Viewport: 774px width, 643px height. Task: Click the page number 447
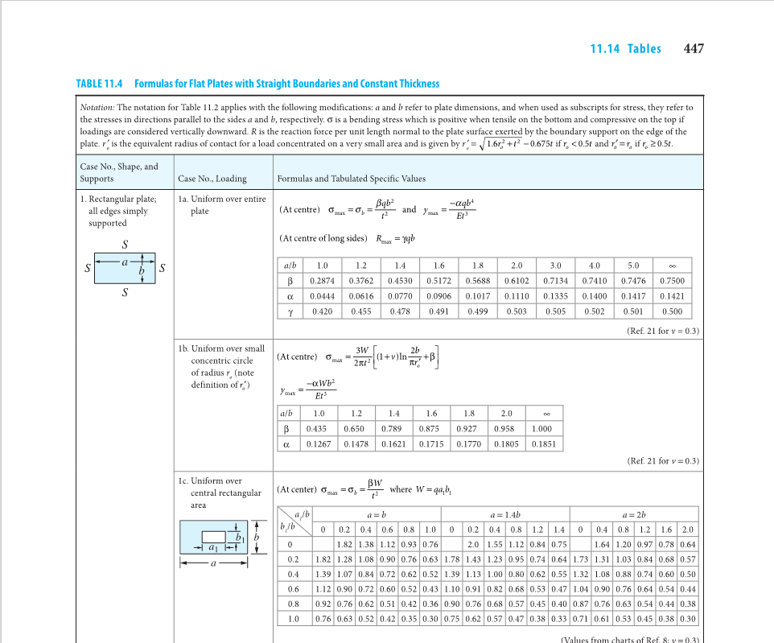point(693,48)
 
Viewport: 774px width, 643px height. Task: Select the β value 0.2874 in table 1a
point(323,281)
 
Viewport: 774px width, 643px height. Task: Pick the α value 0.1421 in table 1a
point(671,296)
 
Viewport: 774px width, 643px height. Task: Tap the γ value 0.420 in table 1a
point(323,311)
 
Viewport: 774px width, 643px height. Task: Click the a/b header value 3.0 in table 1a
point(555,265)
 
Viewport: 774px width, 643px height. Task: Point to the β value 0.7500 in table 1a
point(671,281)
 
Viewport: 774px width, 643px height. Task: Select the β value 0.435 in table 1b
point(317,429)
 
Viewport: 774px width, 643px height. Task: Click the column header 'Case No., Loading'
point(212,179)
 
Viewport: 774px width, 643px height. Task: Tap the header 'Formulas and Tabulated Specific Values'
point(351,179)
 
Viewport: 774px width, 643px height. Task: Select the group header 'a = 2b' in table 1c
point(632,513)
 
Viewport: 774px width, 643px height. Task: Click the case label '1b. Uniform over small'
point(221,348)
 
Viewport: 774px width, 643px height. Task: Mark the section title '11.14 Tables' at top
point(625,49)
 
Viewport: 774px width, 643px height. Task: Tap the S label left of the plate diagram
point(88,269)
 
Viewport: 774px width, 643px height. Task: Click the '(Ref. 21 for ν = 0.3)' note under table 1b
point(662,461)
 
